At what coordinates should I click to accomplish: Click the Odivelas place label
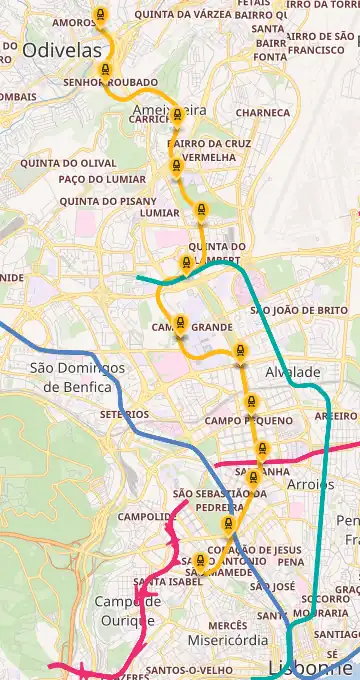62,50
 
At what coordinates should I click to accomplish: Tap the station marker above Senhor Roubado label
104,70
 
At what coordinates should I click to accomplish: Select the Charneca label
262,113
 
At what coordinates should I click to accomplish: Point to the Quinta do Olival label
68,162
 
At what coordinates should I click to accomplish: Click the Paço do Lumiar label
102,179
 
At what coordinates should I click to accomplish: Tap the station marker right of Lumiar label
201,211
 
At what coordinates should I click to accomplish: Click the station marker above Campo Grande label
180,323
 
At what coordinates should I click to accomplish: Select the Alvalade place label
293,372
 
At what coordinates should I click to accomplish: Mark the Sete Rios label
124,414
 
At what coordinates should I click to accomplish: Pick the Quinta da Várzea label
174,16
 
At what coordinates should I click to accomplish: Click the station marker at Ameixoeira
177,115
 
